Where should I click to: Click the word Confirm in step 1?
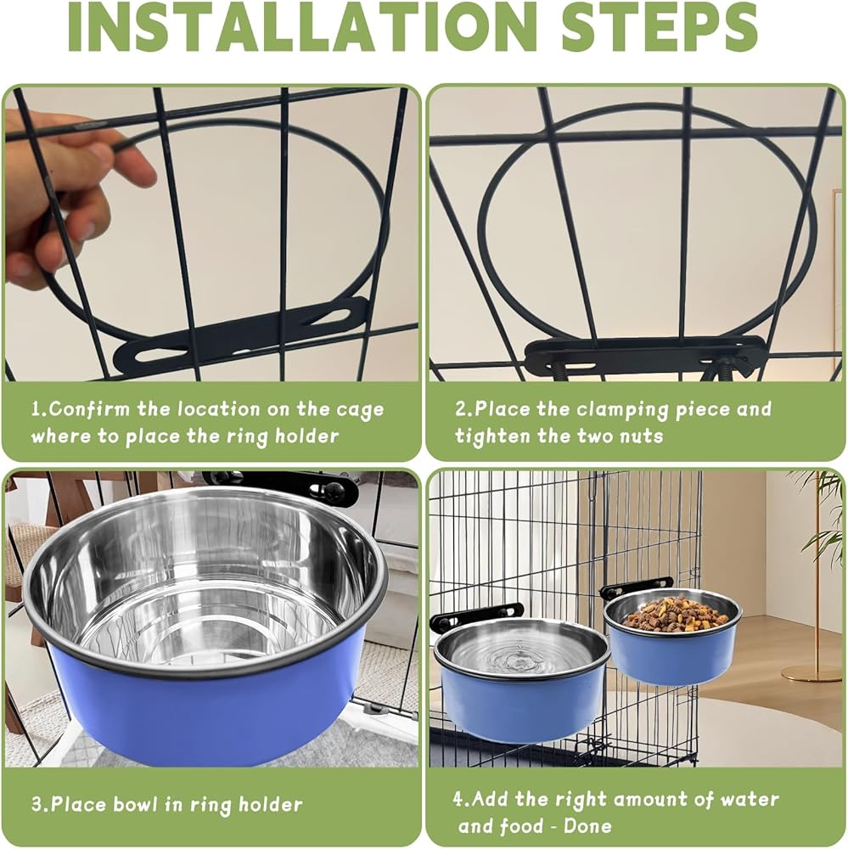click(x=89, y=409)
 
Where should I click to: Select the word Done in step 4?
click(x=587, y=827)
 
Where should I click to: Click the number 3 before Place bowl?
click(x=37, y=804)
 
